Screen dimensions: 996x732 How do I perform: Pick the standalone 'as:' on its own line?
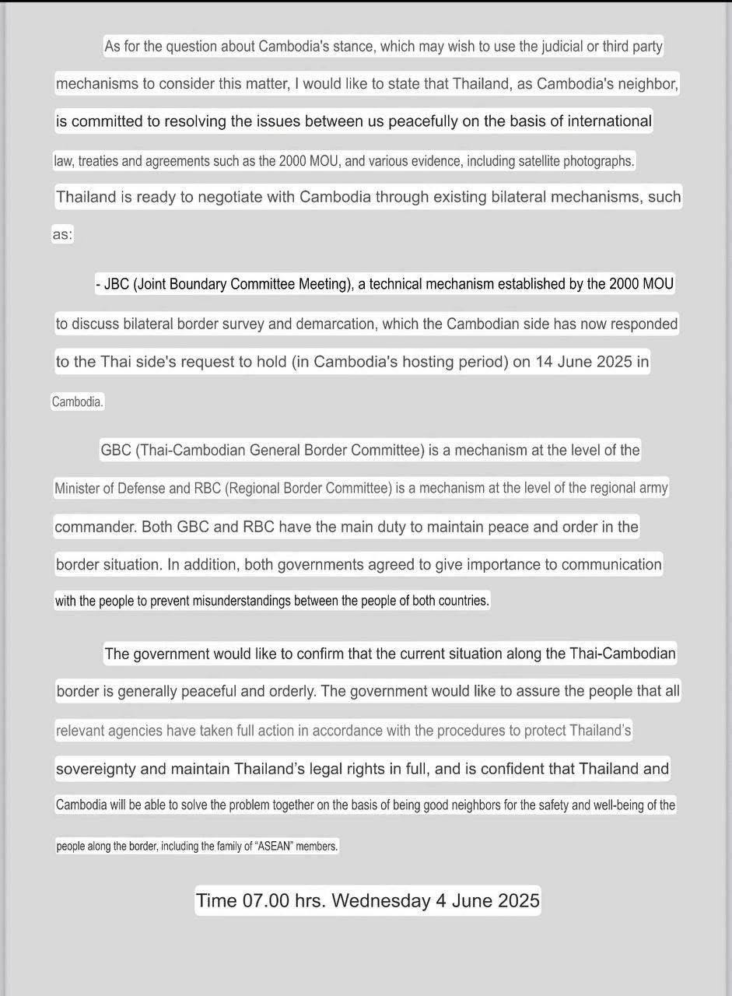pyautogui.click(x=62, y=235)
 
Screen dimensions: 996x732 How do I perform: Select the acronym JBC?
pyautogui.click(x=116, y=285)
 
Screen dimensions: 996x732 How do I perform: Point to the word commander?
pyautogui.click(x=95, y=527)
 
